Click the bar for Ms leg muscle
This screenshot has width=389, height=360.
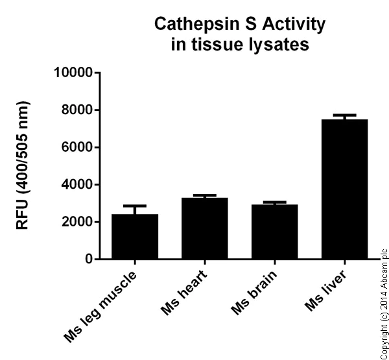tap(135, 237)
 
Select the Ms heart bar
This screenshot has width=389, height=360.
tap(205, 228)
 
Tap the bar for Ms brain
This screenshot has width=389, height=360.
tap(274, 232)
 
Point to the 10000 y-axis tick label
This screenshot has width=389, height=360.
tap(72, 73)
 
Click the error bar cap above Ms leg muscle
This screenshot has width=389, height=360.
tap(135, 206)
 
